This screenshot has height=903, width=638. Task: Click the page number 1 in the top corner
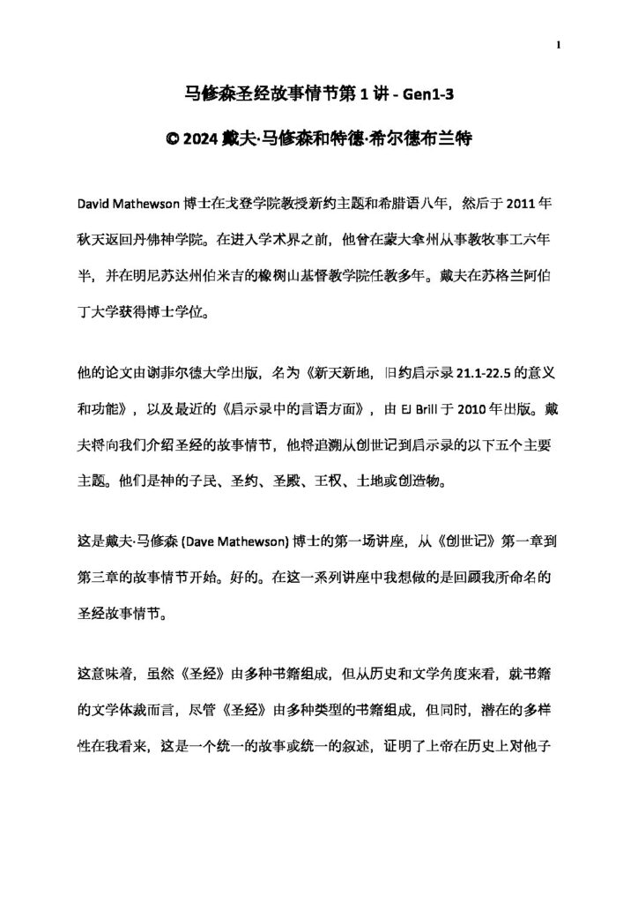point(559,45)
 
